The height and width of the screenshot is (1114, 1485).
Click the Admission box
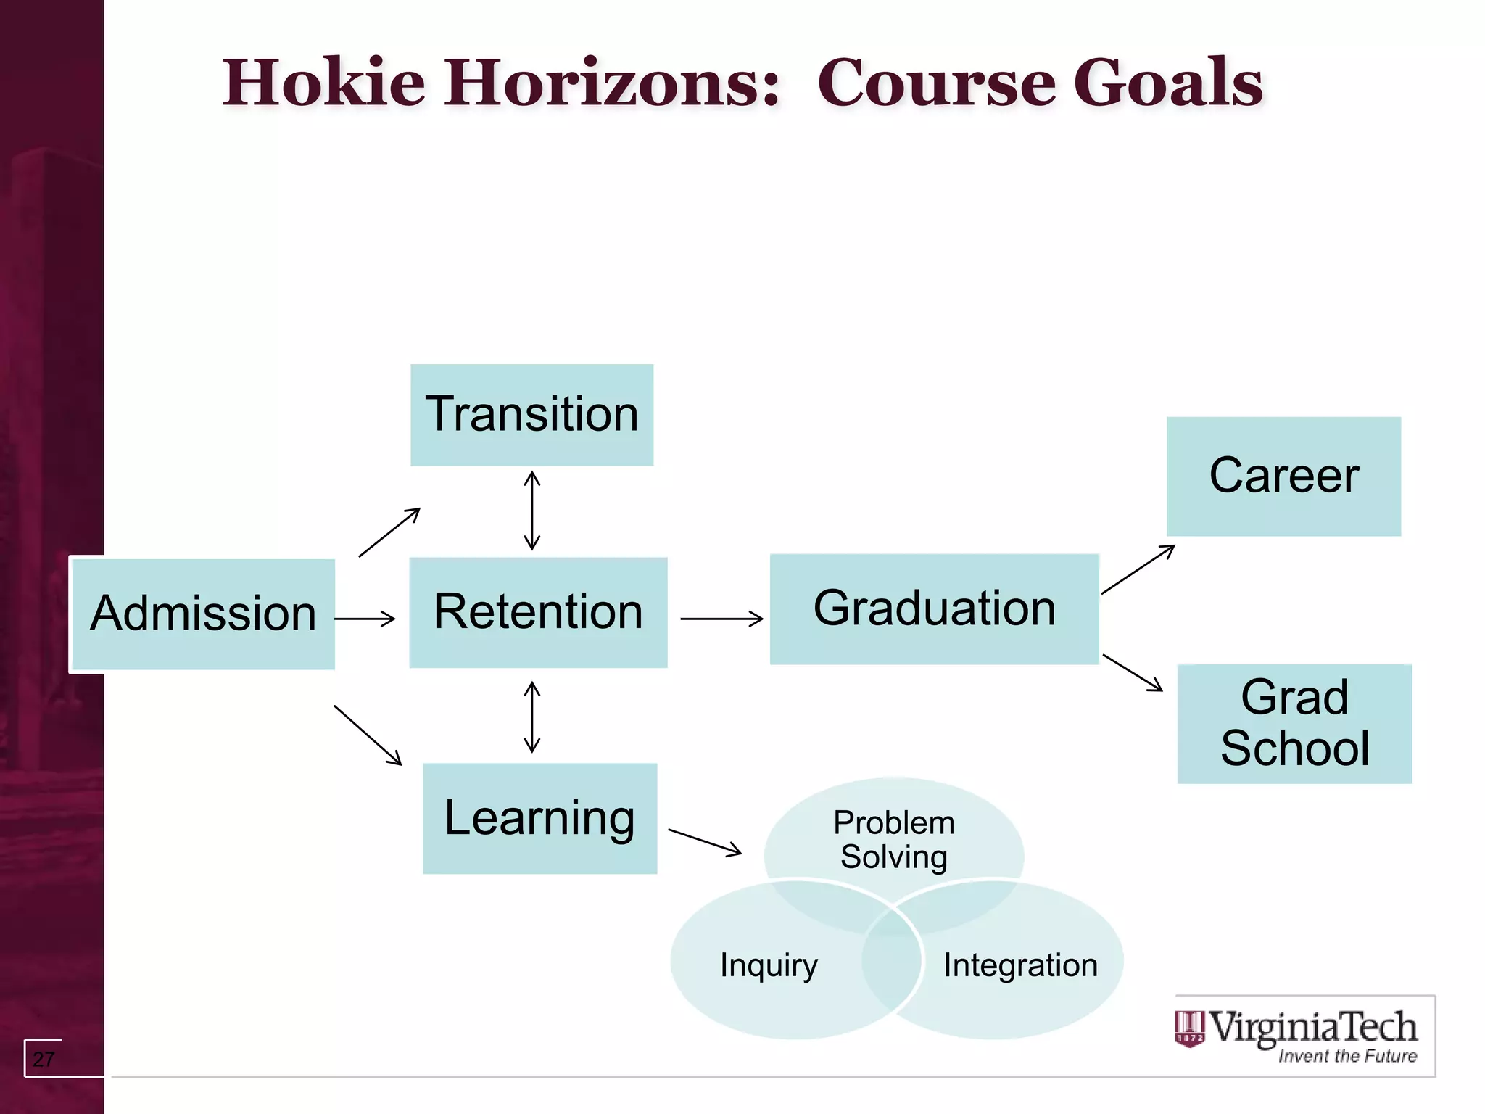point(203,614)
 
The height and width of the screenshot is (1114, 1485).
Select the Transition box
point(531,415)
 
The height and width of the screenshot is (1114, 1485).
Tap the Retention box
point(538,612)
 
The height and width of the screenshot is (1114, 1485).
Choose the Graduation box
point(934,608)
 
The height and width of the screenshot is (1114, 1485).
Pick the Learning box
point(539,818)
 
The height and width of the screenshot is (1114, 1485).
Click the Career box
point(1283,476)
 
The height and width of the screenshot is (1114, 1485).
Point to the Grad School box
point(1294,723)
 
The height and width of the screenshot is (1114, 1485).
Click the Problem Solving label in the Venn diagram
point(893,840)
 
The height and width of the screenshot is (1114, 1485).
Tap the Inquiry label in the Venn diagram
point(769,965)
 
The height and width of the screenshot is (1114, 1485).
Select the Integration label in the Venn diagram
point(1020,965)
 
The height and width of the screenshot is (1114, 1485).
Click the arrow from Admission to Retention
point(365,619)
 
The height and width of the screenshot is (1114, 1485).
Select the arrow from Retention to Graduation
point(721,619)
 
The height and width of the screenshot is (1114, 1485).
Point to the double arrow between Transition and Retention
point(532,511)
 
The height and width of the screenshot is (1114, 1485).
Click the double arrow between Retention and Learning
point(532,717)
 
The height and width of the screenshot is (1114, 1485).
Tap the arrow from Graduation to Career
point(1138,569)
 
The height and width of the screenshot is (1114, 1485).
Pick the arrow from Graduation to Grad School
point(1133,673)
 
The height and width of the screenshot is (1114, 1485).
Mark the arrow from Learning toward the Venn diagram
point(705,842)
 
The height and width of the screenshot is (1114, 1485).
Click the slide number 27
point(44,1059)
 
